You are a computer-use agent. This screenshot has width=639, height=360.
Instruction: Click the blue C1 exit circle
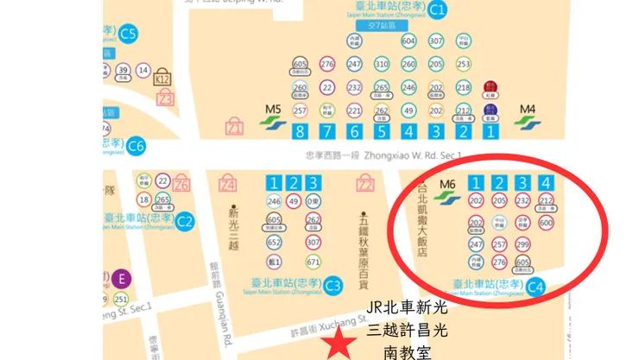pos(438,11)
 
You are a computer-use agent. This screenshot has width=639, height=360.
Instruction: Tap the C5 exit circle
pos(129,35)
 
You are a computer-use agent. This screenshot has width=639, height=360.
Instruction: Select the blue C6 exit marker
pos(136,147)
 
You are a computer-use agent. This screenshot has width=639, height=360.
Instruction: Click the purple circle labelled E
pos(122,278)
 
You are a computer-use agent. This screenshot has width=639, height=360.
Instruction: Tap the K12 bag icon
pos(161,78)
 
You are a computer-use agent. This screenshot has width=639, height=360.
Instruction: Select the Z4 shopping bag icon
pos(228,184)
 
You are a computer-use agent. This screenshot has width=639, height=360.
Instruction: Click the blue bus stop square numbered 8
pos(300,132)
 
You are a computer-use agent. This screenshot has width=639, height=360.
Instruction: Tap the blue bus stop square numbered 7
pos(326,132)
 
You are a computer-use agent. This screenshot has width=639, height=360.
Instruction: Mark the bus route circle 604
pos(408,41)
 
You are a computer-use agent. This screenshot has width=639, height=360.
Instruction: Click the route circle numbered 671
pos(313,262)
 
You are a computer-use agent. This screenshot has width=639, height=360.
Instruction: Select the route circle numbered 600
pos(545,223)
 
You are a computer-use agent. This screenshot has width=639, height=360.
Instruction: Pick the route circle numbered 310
pos(382,64)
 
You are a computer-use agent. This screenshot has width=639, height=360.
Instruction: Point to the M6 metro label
pos(446,184)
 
